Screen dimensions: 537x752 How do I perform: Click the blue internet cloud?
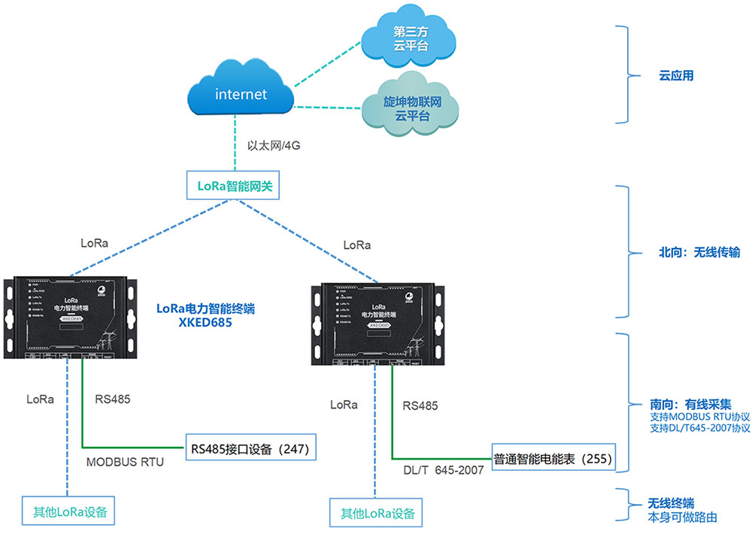(x=241, y=94)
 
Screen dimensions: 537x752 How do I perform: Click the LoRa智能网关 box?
(x=233, y=186)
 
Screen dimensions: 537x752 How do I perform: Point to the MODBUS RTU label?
(x=124, y=462)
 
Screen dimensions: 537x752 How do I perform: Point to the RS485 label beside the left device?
(x=112, y=399)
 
